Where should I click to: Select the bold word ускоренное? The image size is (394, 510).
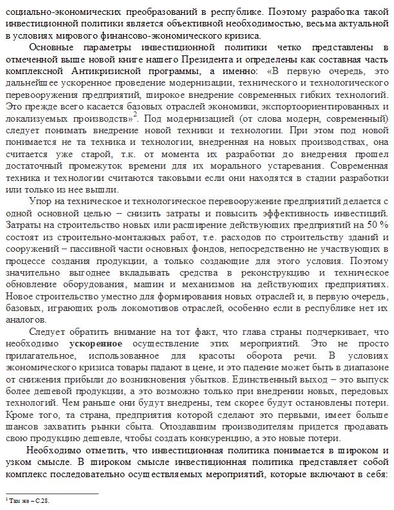[x=97, y=344]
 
